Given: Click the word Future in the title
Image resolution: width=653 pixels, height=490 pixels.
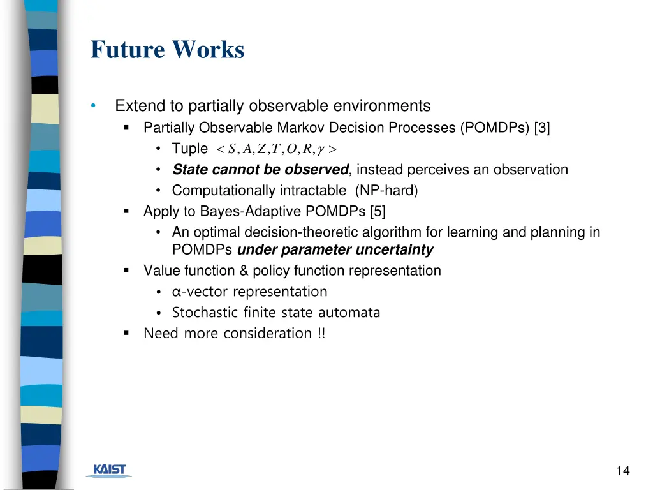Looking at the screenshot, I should [x=126, y=50].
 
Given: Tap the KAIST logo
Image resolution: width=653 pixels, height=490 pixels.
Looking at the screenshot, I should [x=110, y=470].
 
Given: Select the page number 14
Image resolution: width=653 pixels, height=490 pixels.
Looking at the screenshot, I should [x=623, y=471].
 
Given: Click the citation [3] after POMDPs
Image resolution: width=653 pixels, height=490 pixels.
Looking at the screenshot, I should [x=543, y=128].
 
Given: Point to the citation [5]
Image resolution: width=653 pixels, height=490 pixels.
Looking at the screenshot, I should [x=376, y=211].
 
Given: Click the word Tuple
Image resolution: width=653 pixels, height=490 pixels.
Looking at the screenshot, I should [x=189, y=149].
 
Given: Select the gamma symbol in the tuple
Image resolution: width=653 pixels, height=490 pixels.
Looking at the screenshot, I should [x=322, y=150].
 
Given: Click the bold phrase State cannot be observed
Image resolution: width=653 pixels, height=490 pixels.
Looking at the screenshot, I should [x=260, y=170].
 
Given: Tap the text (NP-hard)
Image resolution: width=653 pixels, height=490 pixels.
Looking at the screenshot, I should [x=386, y=190].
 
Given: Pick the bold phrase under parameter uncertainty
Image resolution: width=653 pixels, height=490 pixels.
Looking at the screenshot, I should [x=335, y=249].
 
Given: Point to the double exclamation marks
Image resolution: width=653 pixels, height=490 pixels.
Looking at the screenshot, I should [x=321, y=333].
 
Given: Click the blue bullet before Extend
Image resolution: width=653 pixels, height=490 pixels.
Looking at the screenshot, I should [x=94, y=106].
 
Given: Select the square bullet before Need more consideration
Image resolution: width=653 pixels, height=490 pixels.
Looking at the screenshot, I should [x=126, y=333].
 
